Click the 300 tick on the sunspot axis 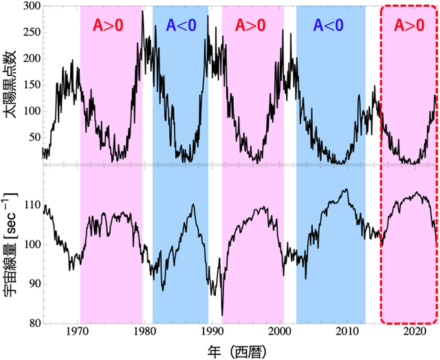[28, 7]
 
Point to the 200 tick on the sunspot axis [28, 59]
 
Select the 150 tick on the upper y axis [28, 85]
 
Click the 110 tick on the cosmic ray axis [28, 205]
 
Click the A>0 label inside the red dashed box [409, 25]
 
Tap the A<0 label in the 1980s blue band [181, 25]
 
